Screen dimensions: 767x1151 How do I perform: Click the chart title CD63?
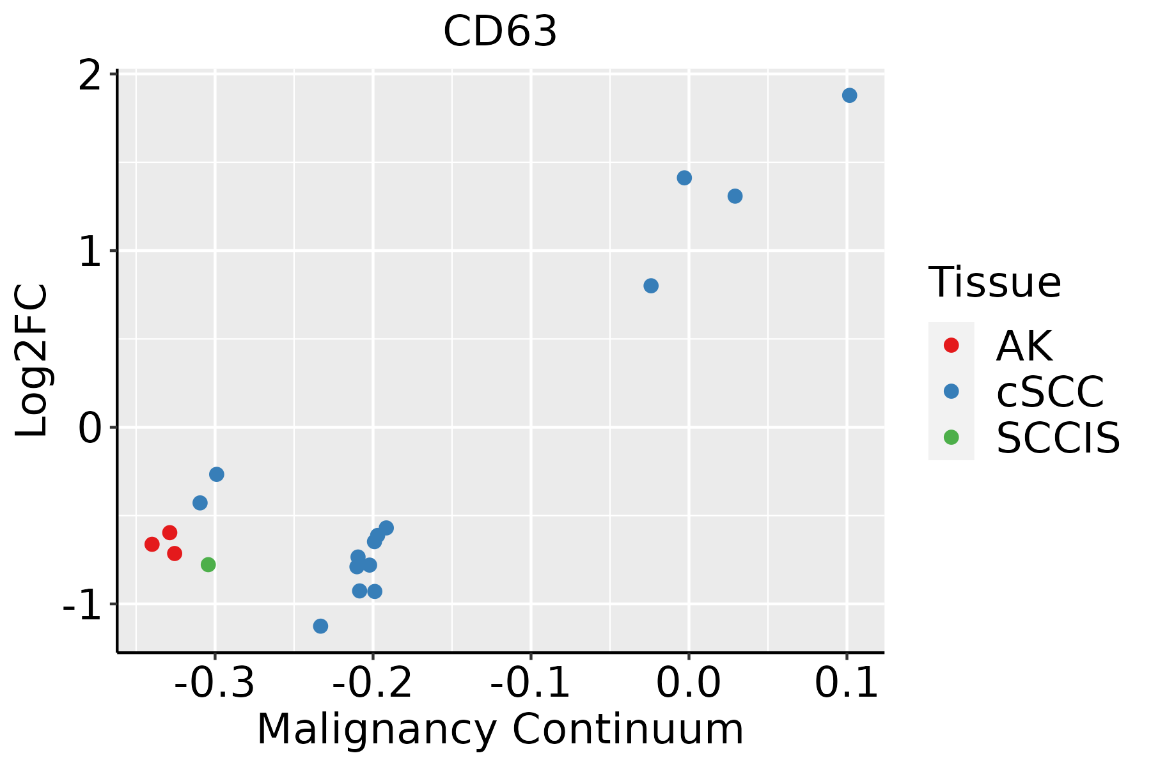click(x=500, y=32)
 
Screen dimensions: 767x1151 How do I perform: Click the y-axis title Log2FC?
click(x=32, y=361)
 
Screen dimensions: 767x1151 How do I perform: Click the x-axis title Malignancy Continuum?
click(x=500, y=730)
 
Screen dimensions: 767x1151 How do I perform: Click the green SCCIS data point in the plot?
click(x=208, y=564)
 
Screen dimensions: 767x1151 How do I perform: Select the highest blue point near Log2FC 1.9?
click(x=849, y=95)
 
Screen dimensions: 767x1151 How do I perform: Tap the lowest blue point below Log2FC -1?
click(x=320, y=626)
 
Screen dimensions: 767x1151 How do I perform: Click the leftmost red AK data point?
click(x=152, y=544)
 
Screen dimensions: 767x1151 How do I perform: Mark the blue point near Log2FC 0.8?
click(x=651, y=286)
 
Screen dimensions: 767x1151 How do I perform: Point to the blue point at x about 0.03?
click(x=735, y=196)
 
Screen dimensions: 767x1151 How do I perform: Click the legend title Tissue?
click(x=994, y=282)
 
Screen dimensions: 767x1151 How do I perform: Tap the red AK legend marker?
click(x=951, y=345)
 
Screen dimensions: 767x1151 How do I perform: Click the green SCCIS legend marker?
click(x=951, y=437)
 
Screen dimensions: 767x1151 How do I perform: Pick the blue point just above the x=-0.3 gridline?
click(x=217, y=474)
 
